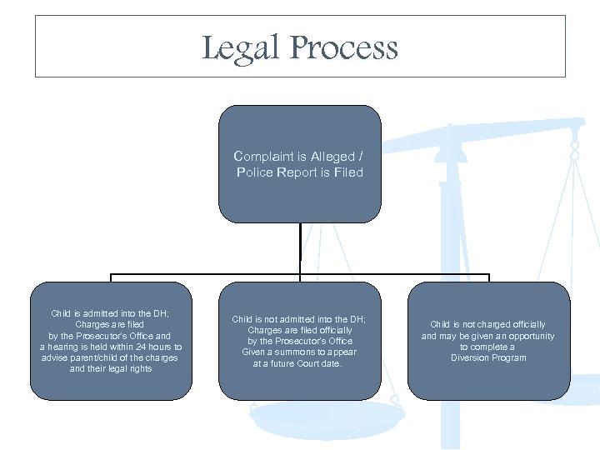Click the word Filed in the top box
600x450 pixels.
(x=349, y=172)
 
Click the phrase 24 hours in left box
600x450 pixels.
(x=150, y=347)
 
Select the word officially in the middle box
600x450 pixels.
(x=332, y=330)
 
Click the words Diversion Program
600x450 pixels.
(x=488, y=357)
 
